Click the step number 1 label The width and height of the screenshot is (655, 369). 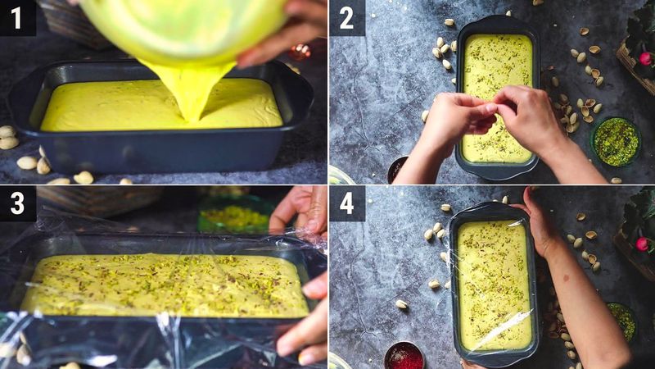17,17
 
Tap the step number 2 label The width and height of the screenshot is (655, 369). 346,17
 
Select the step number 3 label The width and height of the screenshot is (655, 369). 17,203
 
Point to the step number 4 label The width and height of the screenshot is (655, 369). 346,203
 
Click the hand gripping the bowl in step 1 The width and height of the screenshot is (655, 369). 287,33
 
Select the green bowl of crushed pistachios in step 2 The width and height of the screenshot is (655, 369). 616,141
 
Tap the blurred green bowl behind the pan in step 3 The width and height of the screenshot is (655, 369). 233,215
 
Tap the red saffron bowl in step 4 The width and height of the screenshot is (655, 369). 404,356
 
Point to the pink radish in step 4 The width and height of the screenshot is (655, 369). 643,244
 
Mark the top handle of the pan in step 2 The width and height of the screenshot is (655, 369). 497,24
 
